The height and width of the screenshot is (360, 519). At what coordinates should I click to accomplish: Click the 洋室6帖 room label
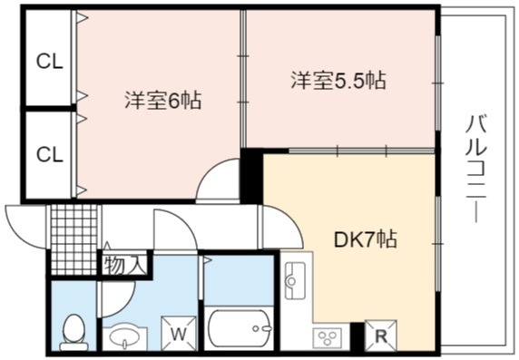tap(162, 100)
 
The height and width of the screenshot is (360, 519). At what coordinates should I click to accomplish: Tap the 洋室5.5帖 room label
tap(338, 80)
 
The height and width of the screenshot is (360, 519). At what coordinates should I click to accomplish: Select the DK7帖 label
tap(366, 239)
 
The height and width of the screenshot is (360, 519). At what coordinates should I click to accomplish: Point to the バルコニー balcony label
tap(476, 169)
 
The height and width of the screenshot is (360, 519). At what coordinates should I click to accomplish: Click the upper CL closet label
tap(50, 62)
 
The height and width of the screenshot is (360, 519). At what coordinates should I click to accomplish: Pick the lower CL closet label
tap(50, 154)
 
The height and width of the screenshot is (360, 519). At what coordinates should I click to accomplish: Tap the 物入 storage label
tap(125, 265)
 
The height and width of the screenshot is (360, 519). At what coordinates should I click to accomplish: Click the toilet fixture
tap(73, 333)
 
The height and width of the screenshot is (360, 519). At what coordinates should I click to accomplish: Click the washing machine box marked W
tap(179, 333)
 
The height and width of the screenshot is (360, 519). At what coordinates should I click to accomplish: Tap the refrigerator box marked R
tap(381, 336)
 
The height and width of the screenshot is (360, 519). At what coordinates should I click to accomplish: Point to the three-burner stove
tap(328, 337)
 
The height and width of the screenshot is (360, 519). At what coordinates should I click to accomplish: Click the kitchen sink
tap(295, 280)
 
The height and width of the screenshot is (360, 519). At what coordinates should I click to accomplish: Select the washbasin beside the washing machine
tap(125, 338)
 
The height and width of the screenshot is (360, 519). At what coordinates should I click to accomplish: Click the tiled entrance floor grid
tap(73, 239)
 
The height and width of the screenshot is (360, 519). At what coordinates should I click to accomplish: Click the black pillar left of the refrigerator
tap(357, 336)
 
